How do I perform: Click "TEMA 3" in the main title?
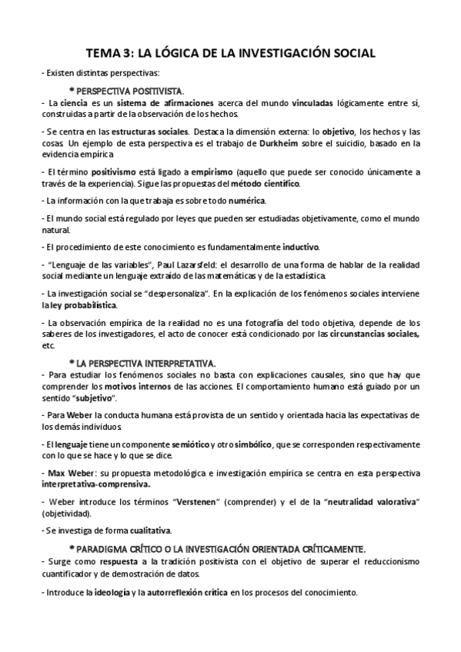click(x=108, y=53)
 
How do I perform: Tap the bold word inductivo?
click(x=300, y=247)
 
